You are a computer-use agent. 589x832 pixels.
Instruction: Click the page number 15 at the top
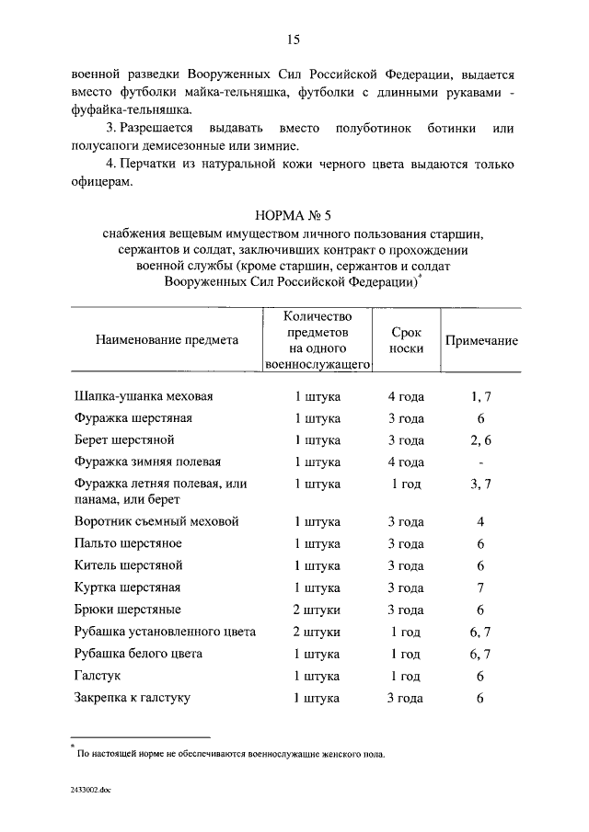(294, 39)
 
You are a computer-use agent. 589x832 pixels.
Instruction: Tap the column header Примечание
(480, 340)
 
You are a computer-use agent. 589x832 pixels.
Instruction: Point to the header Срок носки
(406, 339)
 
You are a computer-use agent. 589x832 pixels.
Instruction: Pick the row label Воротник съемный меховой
(156, 521)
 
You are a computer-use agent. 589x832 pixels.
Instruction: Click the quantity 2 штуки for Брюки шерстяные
(317, 610)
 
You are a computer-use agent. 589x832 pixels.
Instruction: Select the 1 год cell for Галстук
(406, 676)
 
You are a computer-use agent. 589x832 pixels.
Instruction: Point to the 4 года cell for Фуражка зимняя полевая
(406, 462)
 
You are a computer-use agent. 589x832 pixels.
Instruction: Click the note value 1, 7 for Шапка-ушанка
(480, 397)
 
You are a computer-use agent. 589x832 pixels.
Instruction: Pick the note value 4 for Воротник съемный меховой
(480, 521)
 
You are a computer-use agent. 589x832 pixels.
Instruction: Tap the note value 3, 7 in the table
(480, 484)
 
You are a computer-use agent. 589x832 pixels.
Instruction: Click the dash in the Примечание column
(480, 462)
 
